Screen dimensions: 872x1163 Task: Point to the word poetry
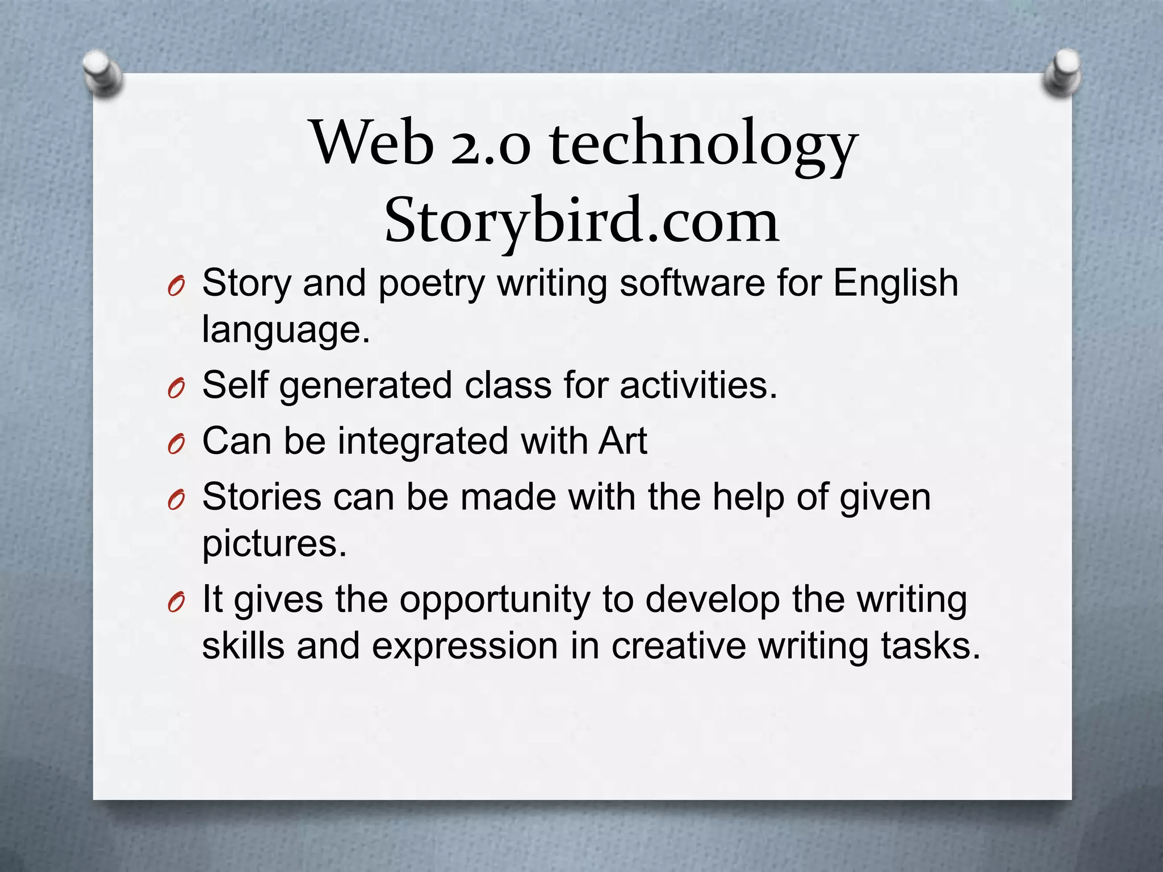click(432, 283)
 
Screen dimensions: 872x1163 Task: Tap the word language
click(286, 330)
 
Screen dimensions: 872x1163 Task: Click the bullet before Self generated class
click(176, 389)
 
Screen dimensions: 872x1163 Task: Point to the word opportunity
click(495, 600)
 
